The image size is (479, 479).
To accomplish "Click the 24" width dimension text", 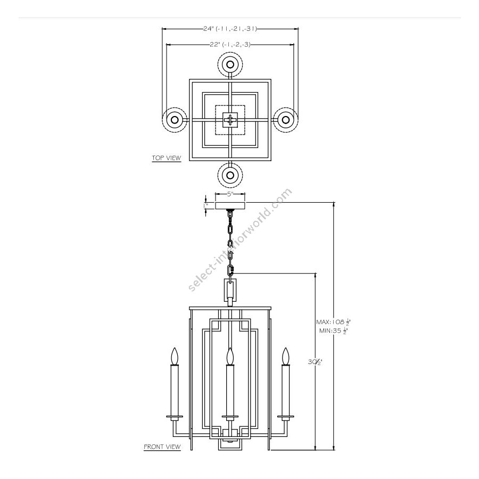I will [230, 29].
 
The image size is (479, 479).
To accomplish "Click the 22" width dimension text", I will [230, 45].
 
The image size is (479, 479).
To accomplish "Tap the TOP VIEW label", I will [167, 158].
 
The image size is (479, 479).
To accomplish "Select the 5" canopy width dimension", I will [230, 194].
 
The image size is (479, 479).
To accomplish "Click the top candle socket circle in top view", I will [230, 65].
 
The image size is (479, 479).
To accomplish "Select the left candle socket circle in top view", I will [174, 120].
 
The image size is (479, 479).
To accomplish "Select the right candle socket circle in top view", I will [286, 120].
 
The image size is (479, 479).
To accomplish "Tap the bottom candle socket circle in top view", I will [230, 175].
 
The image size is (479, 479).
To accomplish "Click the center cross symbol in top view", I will [230, 120].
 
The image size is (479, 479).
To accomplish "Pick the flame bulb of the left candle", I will [174, 356].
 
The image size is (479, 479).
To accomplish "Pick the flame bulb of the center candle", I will [230, 356].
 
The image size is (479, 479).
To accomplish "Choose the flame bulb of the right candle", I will [286, 356].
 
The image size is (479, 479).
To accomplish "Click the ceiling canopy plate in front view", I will [230, 206].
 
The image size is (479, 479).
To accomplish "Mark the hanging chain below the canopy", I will [230, 240].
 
